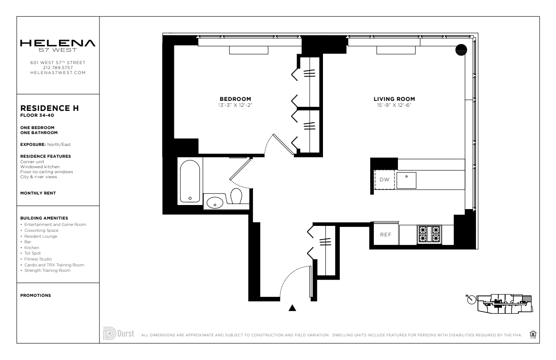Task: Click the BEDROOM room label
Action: [235, 99]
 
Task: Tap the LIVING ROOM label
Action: [394, 99]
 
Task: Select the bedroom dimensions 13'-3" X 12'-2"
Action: [235, 105]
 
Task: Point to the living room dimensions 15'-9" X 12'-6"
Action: [394, 105]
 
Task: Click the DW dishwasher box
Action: [384, 180]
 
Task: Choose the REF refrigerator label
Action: [386, 235]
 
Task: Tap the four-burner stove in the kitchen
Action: [429, 234]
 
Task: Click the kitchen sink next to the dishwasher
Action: [407, 180]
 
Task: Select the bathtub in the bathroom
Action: [190, 181]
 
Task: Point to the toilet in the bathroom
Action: [236, 196]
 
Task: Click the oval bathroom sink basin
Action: [215, 202]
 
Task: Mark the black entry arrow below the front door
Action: [293, 308]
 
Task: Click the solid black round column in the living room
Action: [461, 50]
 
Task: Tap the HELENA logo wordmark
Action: [58, 43]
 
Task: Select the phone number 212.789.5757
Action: [58, 68]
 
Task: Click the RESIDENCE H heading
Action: [50, 108]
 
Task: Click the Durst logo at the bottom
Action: [119, 333]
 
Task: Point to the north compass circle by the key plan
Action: [472, 300]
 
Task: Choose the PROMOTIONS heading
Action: [35, 295]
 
